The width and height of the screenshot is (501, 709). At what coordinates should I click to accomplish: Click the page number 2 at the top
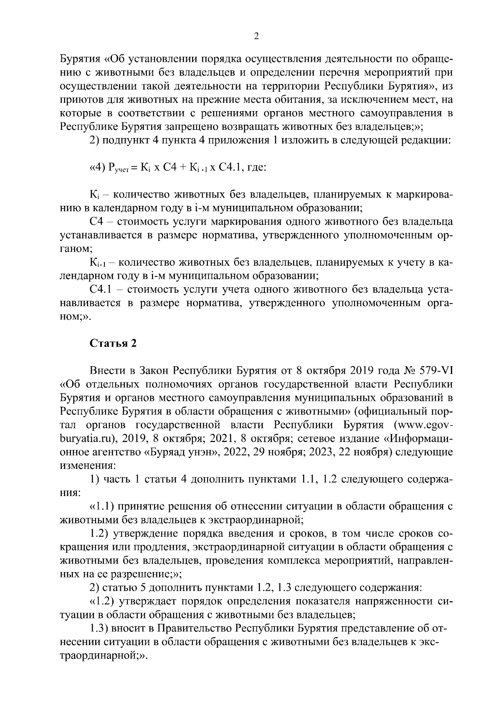click(256, 36)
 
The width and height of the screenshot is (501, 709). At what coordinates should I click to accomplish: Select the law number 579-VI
click(433, 371)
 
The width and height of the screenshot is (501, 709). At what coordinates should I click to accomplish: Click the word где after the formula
click(256, 167)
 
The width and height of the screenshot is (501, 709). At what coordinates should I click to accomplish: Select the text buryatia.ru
click(86, 439)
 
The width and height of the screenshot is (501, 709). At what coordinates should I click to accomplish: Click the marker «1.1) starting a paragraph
click(102, 507)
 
